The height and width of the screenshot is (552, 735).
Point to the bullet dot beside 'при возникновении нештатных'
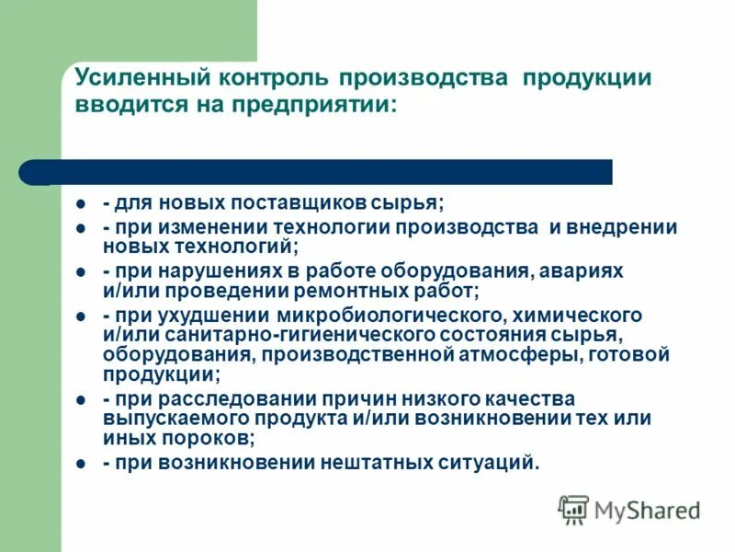[81, 463]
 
